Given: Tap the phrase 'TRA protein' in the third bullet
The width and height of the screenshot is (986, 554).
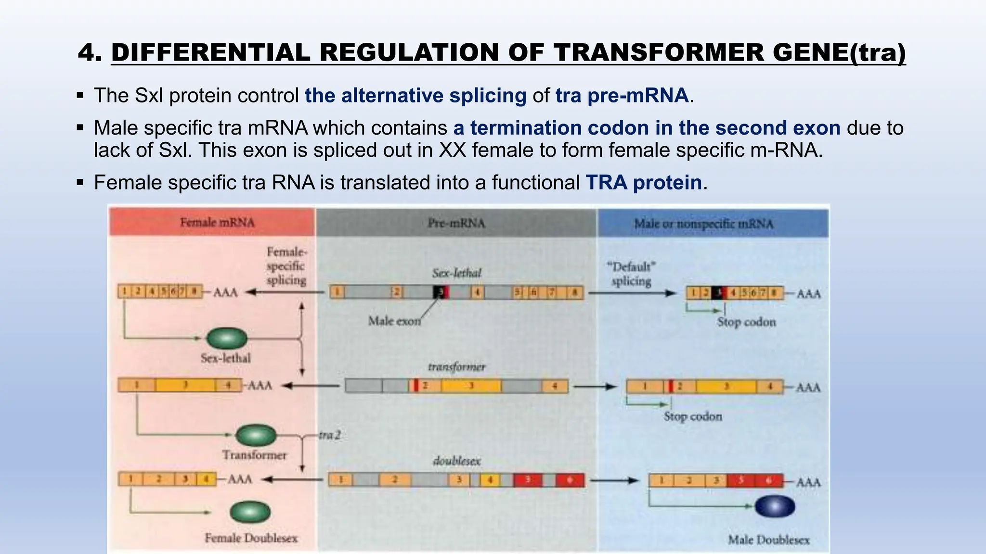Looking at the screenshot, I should [x=643, y=183].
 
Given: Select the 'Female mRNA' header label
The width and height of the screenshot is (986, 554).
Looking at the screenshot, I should [x=217, y=222].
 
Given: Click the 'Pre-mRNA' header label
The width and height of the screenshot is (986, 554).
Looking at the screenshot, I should [x=456, y=223].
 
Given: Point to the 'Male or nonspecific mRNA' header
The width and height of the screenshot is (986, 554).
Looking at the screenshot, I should [x=703, y=224].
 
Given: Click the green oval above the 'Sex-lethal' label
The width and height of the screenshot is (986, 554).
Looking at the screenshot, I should [x=227, y=338].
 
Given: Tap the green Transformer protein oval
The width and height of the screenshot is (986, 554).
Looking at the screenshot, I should [x=256, y=435].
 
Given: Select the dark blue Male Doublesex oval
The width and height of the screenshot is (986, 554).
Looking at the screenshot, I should [x=775, y=506].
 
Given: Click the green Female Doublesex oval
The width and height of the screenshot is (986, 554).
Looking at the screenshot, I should [x=250, y=512].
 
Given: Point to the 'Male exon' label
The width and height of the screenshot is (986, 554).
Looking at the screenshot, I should [x=394, y=321].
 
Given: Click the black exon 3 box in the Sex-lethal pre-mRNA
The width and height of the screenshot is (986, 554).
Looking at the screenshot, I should [x=439, y=292].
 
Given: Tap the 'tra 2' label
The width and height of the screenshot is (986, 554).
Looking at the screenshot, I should [x=329, y=435].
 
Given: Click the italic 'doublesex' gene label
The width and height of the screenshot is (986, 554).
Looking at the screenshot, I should [x=456, y=461].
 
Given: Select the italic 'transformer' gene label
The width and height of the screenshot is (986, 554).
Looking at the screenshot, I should [x=456, y=367].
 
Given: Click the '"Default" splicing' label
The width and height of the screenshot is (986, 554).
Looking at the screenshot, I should [x=631, y=274].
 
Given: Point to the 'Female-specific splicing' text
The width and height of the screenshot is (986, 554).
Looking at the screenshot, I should [x=286, y=266].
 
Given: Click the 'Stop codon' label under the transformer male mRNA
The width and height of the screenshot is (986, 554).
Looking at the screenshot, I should [x=692, y=416].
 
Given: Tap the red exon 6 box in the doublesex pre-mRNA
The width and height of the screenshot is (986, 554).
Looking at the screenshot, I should [x=570, y=480].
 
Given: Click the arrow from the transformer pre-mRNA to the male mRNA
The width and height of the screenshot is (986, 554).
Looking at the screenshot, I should [x=595, y=386].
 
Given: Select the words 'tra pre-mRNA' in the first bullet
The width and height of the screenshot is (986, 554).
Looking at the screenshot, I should [x=621, y=96].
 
